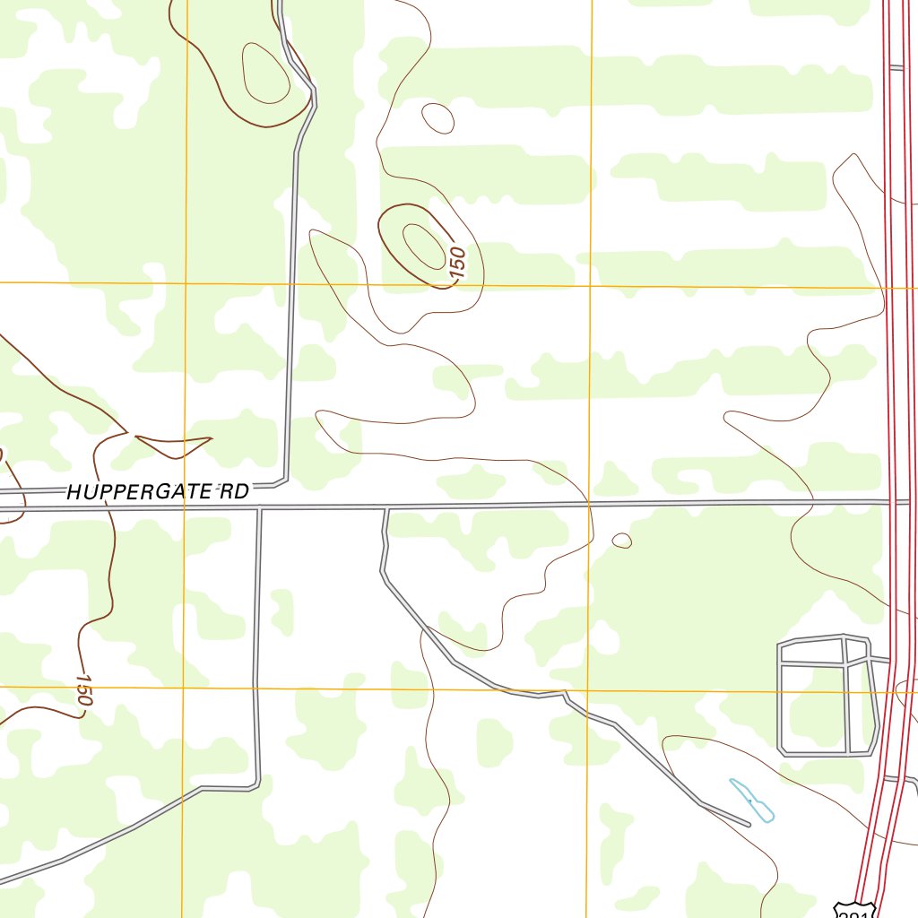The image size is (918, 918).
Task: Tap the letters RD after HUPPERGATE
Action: tap(234, 489)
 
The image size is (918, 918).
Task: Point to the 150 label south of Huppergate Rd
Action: tap(83, 689)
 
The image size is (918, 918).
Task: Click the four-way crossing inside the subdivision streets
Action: tap(845, 664)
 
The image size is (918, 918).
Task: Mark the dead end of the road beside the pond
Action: tap(748, 823)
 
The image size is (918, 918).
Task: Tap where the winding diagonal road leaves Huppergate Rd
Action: tap(386, 508)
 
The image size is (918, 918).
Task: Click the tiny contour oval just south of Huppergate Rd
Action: tap(621, 541)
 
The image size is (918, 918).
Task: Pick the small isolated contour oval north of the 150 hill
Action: tap(437, 117)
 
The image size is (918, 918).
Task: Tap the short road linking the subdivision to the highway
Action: tap(880, 660)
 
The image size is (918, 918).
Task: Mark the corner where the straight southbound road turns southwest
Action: tap(255, 786)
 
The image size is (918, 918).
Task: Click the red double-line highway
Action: tap(890, 269)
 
